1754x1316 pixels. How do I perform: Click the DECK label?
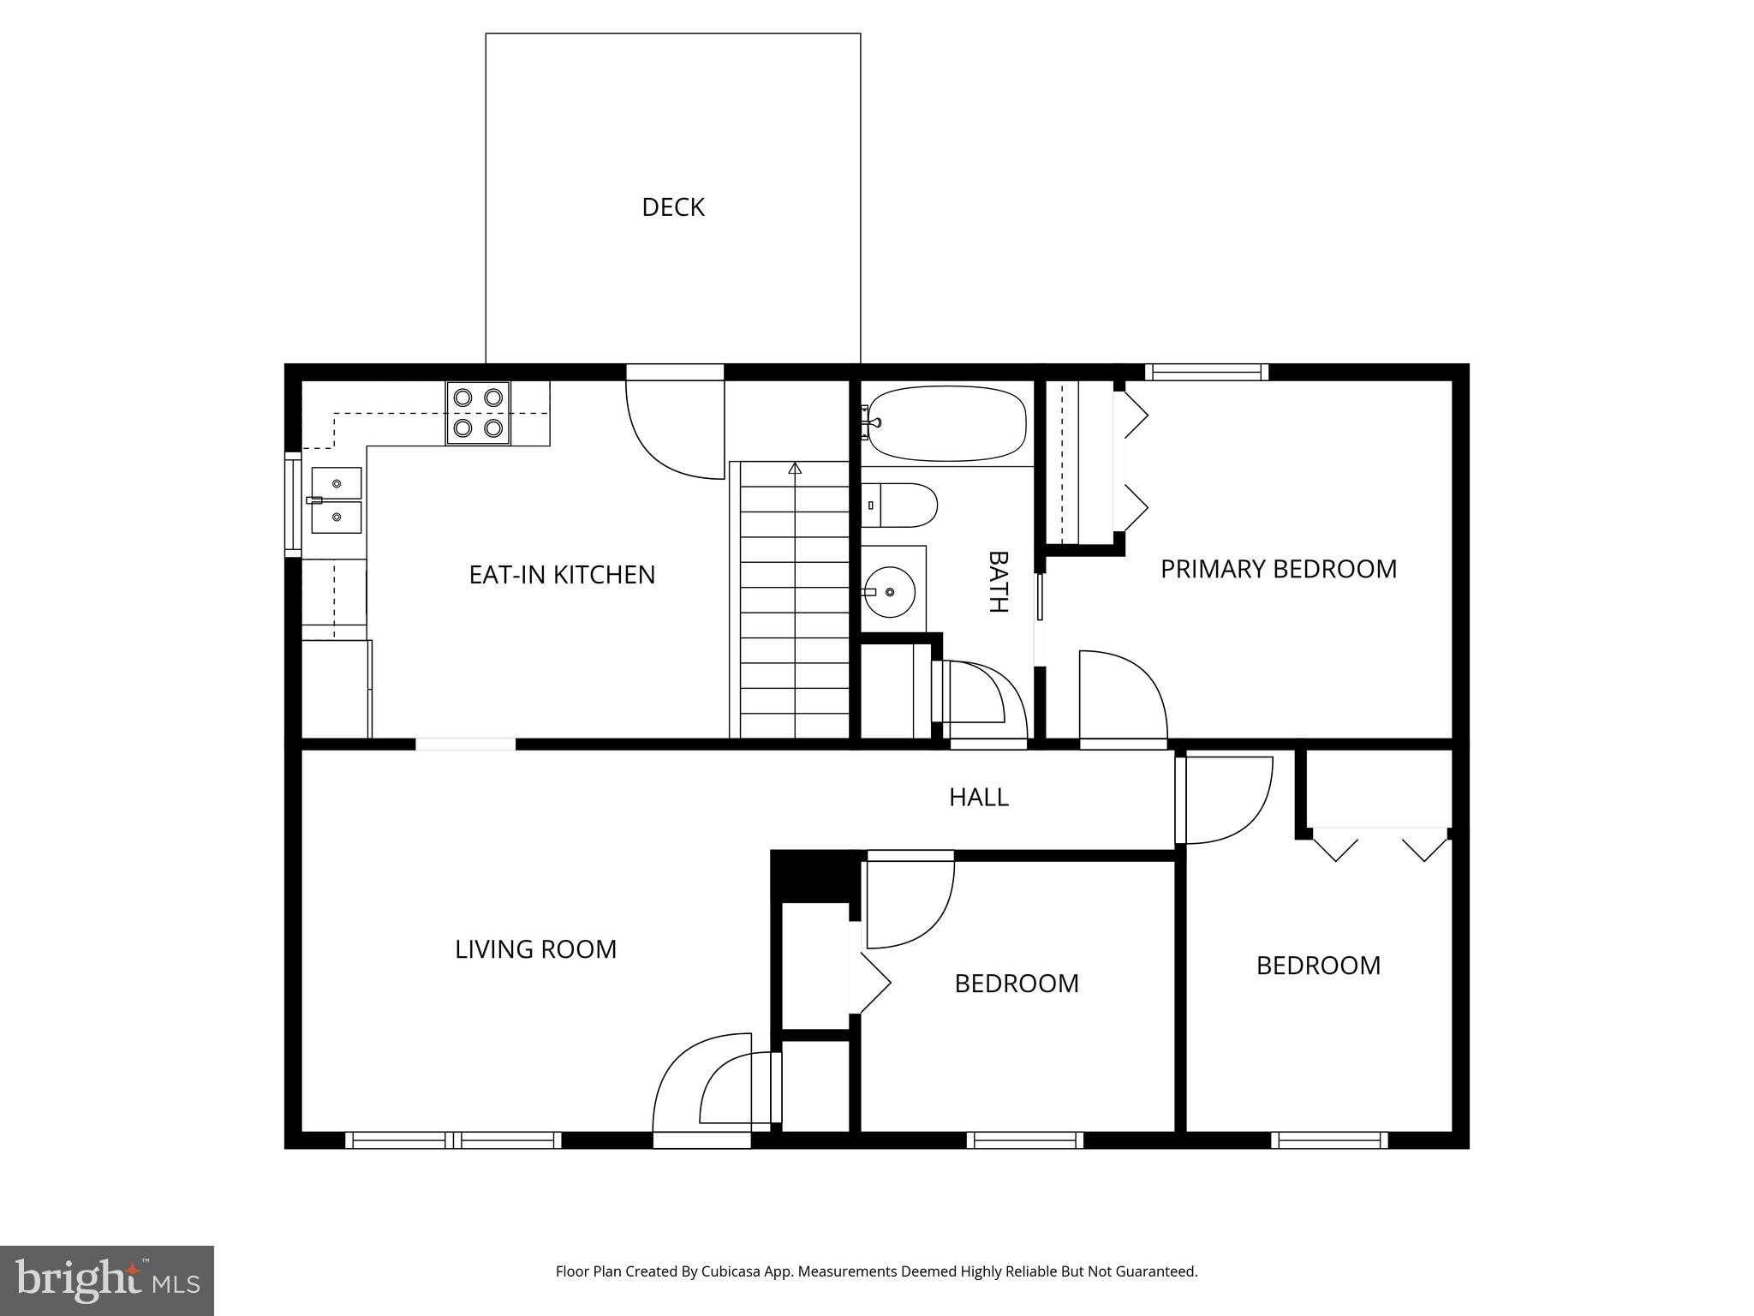tap(672, 207)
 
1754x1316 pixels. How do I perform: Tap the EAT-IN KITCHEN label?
tap(562, 574)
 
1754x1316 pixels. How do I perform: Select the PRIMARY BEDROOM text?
tap(1278, 569)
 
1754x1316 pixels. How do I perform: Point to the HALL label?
tap(978, 797)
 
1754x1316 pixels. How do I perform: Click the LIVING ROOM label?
tap(535, 949)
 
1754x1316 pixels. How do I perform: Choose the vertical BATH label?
tap(998, 582)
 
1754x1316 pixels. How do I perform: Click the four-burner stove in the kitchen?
tap(478, 412)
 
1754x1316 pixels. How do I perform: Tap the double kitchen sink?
tap(336, 500)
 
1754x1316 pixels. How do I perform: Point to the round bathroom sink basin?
tap(890, 591)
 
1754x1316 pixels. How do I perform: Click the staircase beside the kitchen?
tap(793, 600)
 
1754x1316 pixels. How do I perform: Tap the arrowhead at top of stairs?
tap(795, 468)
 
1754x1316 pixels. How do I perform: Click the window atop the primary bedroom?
tap(1206, 372)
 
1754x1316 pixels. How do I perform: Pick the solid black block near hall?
tap(814, 876)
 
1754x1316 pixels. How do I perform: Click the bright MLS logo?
tap(107, 1280)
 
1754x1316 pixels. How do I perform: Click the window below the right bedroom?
tap(1328, 1140)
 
